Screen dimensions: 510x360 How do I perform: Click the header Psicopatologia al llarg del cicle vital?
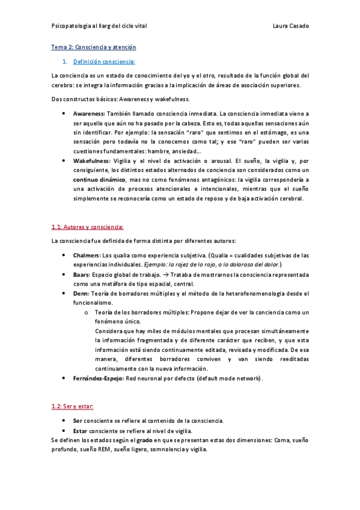click(x=99, y=26)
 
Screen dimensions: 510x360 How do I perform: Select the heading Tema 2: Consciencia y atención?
click(x=94, y=47)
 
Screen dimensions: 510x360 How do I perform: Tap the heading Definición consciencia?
click(x=104, y=61)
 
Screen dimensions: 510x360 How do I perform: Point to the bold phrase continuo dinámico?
click(x=99, y=180)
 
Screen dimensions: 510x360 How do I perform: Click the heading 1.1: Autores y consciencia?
click(x=88, y=227)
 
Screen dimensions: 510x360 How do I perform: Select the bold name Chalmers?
click(x=87, y=255)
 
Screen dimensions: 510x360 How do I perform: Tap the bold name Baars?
click(x=82, y=274)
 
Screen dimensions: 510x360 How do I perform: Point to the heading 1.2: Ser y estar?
click(x=72, y=407)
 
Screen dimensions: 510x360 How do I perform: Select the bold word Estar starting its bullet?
click(x=79, y=431)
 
